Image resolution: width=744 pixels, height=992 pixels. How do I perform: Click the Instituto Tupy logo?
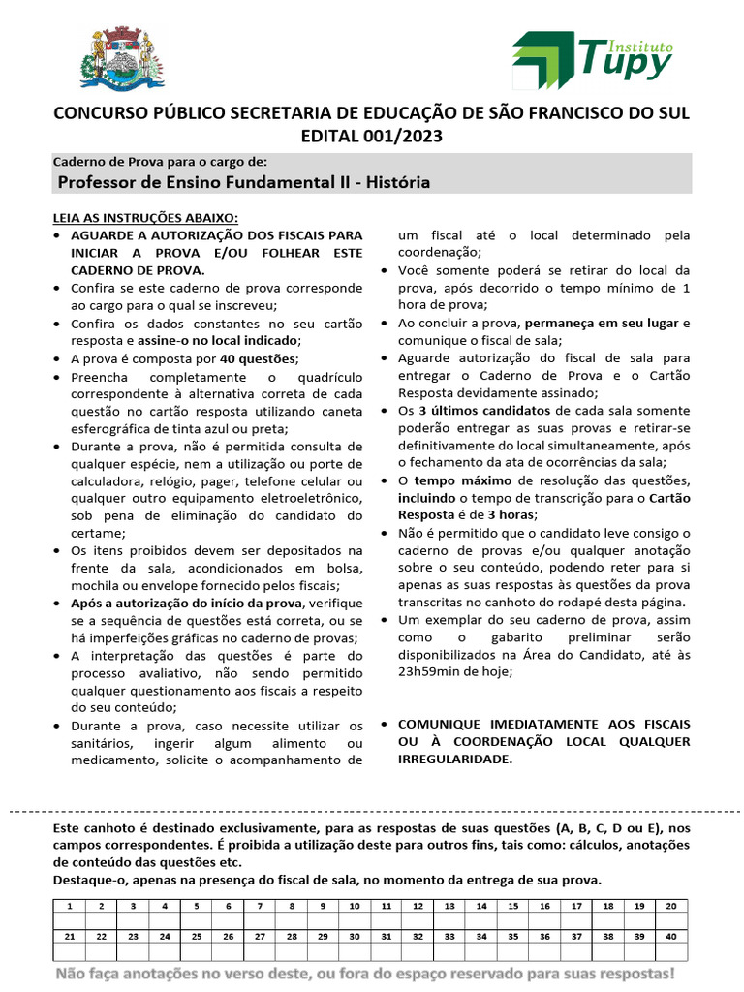tap(592, 58)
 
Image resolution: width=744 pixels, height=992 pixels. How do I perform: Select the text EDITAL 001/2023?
tap(371, 137)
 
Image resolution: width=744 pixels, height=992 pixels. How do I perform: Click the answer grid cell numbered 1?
tap(70, 906)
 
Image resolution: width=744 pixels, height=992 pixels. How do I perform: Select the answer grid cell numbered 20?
tap(670, 906)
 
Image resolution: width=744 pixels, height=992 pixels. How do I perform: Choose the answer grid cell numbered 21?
tap(70, 937)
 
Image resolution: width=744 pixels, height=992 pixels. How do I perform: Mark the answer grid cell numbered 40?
tap(670, 937)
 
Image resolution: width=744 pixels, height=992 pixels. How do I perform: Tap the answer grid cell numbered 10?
tap(355, 906)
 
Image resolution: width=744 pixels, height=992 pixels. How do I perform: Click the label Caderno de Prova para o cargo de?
tap(159, 162)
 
